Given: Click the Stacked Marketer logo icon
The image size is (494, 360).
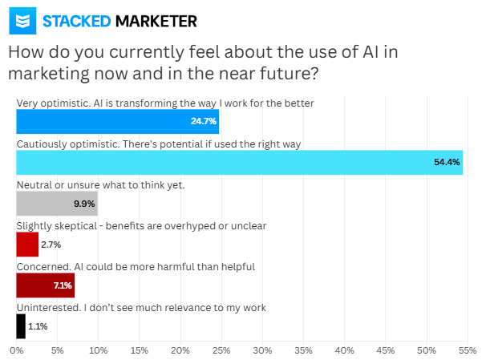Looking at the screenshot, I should coord(22,21).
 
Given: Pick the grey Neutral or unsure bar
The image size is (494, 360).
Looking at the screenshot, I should coord(57,203).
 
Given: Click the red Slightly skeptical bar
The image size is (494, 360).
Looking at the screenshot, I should coord(27,244).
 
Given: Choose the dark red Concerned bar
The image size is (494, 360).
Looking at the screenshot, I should coord(45,285).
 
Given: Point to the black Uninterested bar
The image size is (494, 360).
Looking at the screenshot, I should coord(21,326).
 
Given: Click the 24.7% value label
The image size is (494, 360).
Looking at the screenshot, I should coord(203,122).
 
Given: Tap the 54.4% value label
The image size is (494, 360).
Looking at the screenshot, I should coord(447,163).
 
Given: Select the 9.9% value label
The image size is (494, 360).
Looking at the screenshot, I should coord(84,204).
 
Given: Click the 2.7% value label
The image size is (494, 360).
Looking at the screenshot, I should coord(51,245).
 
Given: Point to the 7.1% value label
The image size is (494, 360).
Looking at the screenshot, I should coord(62,285).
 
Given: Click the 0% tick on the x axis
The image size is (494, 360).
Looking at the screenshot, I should coord(17,350).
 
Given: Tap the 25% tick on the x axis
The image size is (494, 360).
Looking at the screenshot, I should coord(221,350).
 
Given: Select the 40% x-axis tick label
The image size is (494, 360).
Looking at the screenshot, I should coord(345,350).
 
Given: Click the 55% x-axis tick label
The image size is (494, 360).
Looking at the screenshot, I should coord(468,350).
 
